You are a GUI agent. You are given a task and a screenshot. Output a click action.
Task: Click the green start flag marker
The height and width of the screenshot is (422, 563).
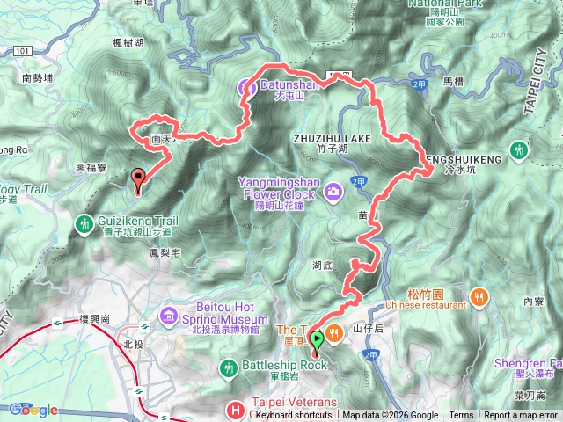(316, 338)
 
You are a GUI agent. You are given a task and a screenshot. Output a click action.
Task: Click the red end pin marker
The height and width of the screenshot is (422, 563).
(138, 178)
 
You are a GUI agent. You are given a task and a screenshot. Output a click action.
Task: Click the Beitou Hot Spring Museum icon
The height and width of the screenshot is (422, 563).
(168, 315)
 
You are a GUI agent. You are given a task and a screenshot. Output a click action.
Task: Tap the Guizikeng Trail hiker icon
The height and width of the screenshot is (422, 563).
(84, 223)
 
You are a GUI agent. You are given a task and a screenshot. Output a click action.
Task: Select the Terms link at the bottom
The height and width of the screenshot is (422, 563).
(461, 416)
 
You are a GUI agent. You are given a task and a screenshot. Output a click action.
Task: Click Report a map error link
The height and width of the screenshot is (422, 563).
(521, 416)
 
